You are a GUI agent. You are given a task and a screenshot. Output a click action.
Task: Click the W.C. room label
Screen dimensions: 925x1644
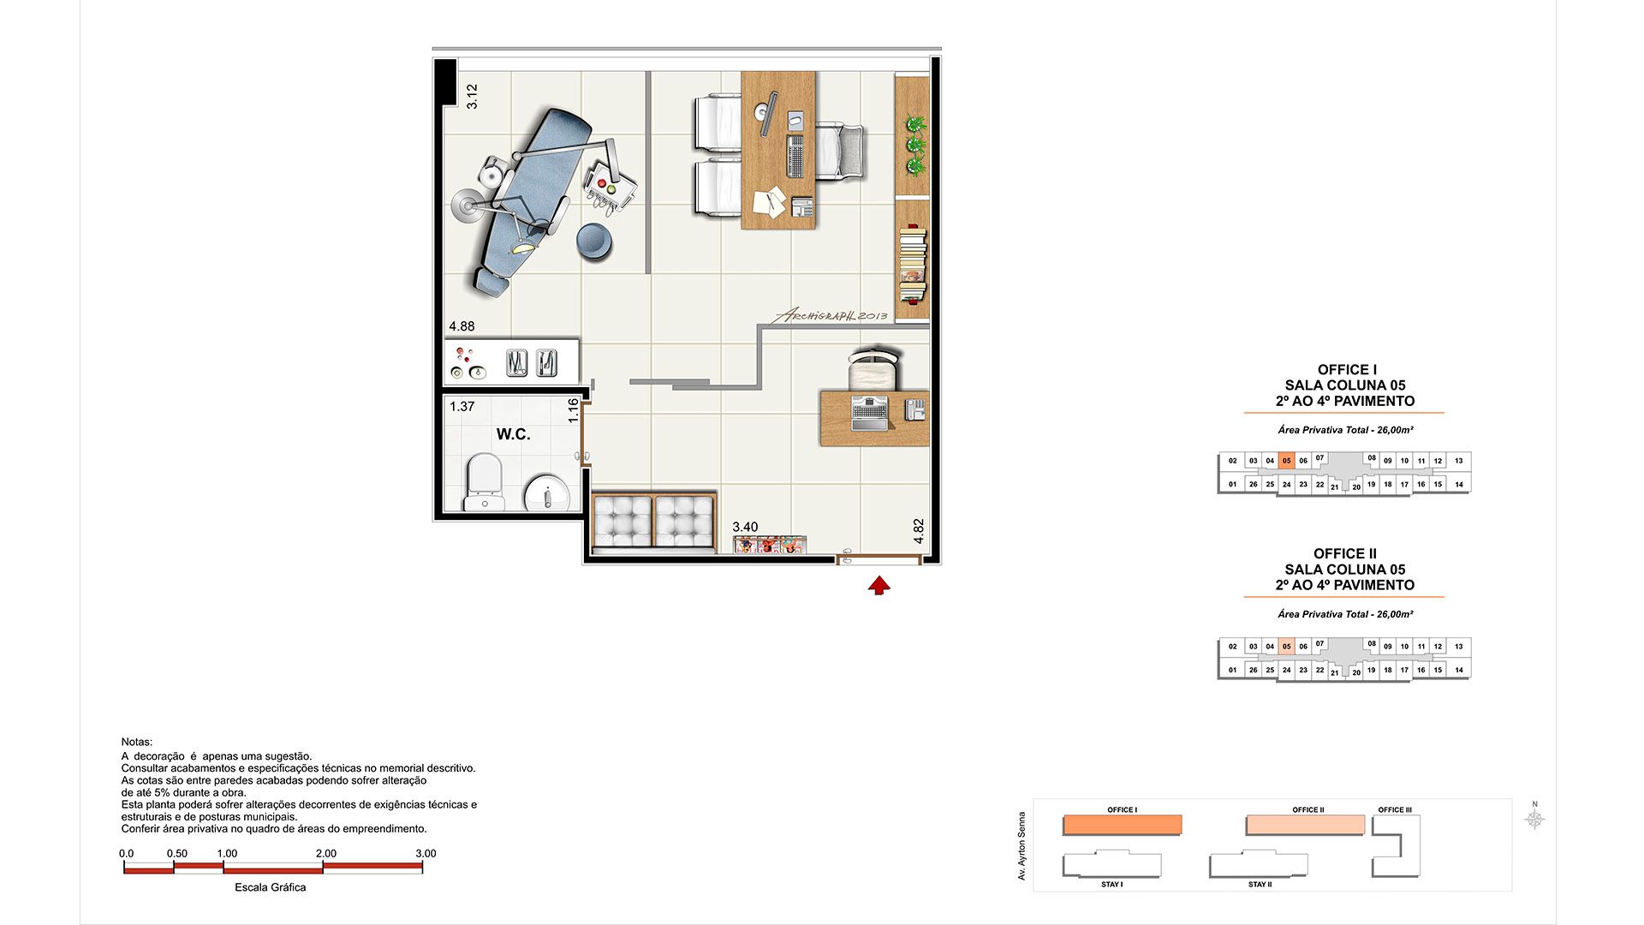coord(513,434)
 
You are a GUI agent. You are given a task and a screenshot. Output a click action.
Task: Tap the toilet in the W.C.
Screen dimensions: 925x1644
coord(483,481)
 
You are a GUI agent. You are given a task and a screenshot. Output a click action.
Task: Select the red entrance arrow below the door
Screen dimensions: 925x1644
coord(879,585)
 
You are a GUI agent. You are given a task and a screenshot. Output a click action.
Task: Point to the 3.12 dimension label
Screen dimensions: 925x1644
coord(472,96)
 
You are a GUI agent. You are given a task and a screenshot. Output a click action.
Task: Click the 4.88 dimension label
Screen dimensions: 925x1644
coord(462,326)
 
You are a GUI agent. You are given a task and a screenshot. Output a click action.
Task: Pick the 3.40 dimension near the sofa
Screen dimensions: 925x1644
coord(744,528)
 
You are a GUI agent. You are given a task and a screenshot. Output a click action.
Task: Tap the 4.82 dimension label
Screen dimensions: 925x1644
coord(919,531)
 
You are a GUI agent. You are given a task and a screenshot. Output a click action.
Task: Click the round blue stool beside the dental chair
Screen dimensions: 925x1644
coord(594,242)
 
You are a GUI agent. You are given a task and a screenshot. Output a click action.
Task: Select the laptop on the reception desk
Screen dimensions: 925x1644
coord(870,413)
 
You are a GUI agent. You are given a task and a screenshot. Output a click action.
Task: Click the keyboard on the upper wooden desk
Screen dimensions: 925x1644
coord(796,156)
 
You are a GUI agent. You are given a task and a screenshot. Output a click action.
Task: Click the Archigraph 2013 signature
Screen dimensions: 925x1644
coord(831,315)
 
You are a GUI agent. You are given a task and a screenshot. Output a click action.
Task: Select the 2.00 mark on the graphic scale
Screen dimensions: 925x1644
coord(325,854)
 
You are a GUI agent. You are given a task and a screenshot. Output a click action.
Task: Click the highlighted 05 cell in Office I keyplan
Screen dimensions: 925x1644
coord(1286,461)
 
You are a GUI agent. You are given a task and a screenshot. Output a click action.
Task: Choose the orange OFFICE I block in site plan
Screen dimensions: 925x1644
coord(1122,825)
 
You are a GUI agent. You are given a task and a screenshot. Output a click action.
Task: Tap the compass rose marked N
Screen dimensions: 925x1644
coord(1534,819)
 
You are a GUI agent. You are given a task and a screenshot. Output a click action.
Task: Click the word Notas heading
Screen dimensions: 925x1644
coord(137,743)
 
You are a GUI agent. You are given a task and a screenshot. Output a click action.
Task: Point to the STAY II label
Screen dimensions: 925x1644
coord(1260,885)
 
